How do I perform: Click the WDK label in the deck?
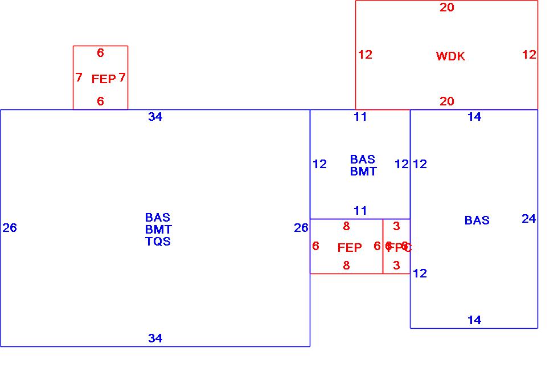450,56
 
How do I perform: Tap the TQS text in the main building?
158,241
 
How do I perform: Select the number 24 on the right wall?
528,218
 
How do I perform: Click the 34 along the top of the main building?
155,117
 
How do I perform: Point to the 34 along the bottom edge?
155,338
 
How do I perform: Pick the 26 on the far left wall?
10,228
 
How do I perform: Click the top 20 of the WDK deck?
447,7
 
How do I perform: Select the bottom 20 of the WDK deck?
447,101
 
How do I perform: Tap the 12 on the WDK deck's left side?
365,55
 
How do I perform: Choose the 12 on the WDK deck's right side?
529,55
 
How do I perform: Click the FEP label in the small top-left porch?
104,79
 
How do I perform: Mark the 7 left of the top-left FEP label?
79,77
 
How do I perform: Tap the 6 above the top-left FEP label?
100,53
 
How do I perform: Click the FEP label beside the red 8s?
350,248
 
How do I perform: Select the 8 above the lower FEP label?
346,227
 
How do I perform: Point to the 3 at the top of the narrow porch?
396,227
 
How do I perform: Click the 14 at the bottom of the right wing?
474,320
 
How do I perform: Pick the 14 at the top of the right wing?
474,117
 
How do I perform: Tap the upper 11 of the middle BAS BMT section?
360,117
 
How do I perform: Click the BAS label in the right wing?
477,220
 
